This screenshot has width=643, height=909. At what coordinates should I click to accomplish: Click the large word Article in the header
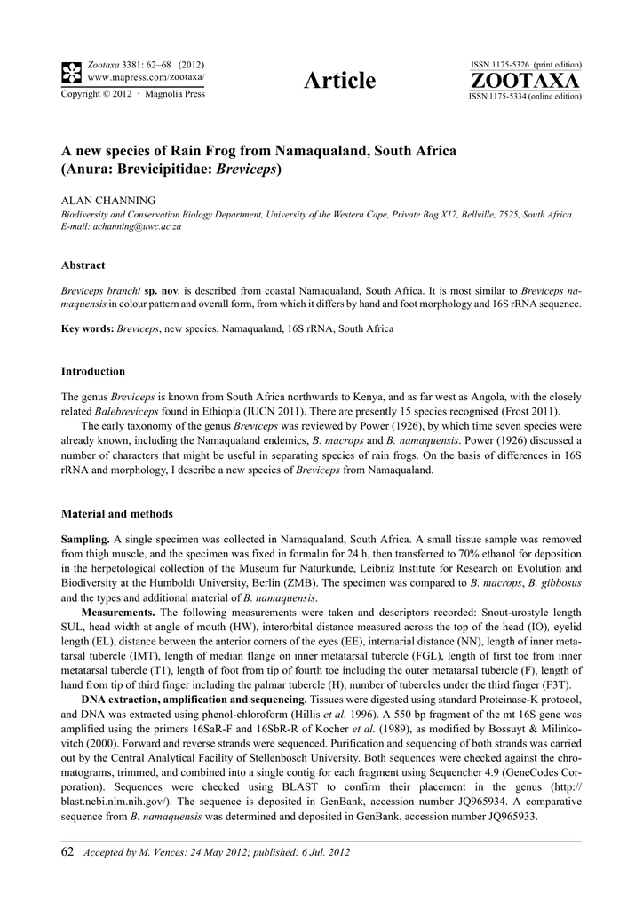click(x=339, y=82)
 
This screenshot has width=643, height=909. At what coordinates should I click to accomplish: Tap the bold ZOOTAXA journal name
click(x=524, y=82)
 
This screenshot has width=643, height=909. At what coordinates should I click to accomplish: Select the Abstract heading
click(x=83, y=265)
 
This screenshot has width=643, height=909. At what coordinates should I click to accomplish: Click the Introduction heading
click(x=92, y=371)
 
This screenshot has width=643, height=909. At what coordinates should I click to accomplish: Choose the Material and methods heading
click(x=116, y=514)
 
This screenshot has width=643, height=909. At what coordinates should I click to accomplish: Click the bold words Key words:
click(x=87, y=328)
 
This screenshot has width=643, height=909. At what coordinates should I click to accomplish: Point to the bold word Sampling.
click(x=84, y=540)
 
